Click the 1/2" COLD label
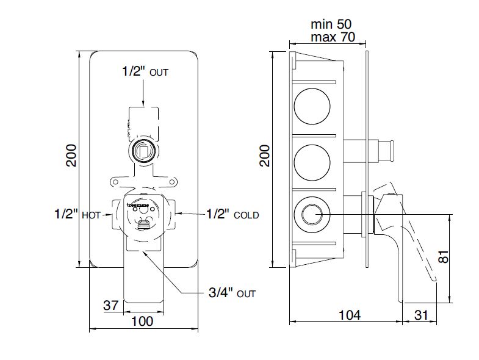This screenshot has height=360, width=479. [x=232, y=215]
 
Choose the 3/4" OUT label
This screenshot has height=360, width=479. [x=231, y=293]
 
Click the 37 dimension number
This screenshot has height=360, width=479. [x=110, y=306]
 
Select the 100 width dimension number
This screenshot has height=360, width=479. [x=142, y=321]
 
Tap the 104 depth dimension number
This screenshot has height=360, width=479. [x=349, y=315]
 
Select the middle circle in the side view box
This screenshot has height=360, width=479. [x=312, y=161]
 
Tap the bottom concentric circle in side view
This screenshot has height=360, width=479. [x=312, y=215]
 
